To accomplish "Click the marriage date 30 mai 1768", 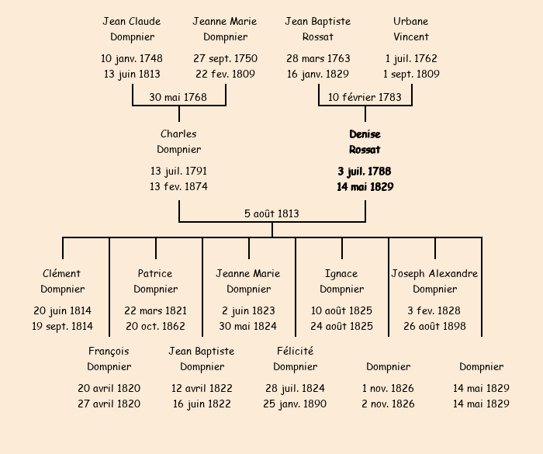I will click(178, 97).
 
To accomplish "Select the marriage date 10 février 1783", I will click(365, 97).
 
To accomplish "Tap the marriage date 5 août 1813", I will click(271, 213).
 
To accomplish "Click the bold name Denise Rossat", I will click(365, 142).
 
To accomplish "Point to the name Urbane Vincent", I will click(410, 29).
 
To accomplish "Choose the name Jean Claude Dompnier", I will click(132, 29).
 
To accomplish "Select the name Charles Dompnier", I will click(178, 142).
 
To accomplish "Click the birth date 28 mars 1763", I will click(318, 58).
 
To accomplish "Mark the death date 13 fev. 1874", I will click(178, 186).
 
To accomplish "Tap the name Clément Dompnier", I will click(62, 281).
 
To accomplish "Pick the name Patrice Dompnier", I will click(155, 281).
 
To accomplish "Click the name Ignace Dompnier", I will click(341, 281).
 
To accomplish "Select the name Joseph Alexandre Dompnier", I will click(434, 281).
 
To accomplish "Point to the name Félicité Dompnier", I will click(295, 359).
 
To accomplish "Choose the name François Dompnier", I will click(109, 359).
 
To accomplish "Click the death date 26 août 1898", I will click(434, 326).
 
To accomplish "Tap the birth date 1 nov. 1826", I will click(388, 388).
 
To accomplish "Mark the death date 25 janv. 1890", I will click(295, 404).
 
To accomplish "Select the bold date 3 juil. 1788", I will click(365, 171).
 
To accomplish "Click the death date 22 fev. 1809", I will click(225, 75).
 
